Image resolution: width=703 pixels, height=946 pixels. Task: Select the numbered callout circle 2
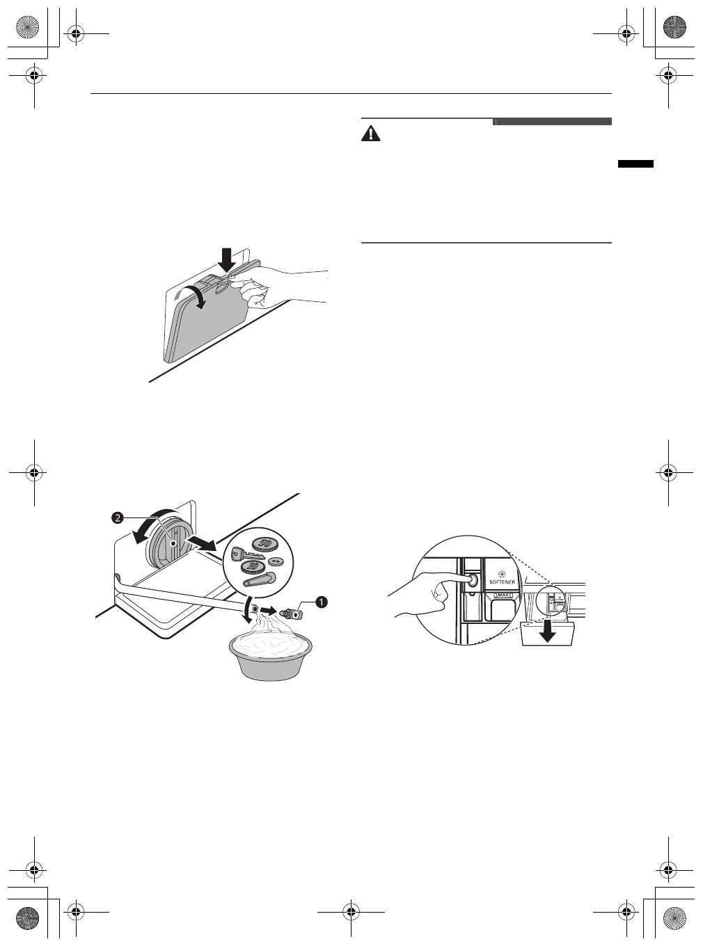point(118,518)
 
